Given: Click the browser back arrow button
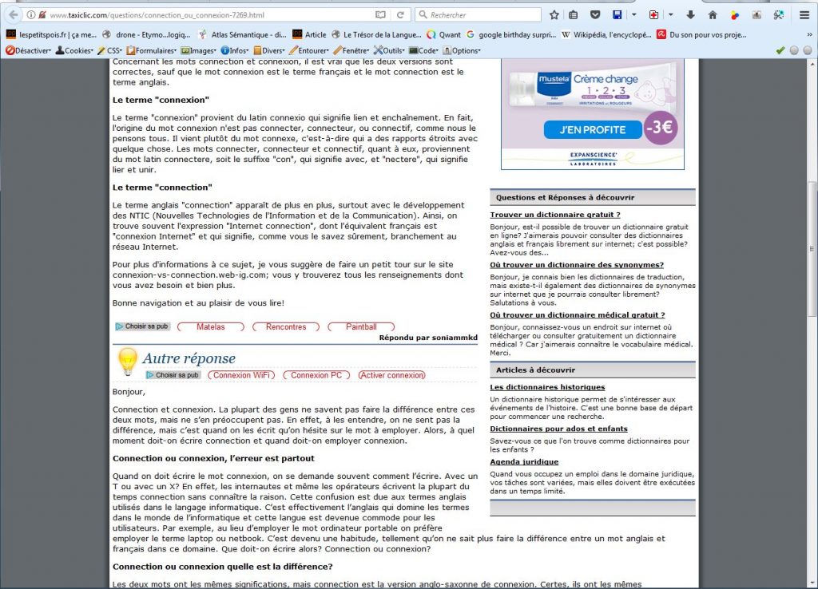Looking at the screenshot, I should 13,15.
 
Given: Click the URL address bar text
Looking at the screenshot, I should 157,15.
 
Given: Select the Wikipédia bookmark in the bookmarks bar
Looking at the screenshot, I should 606,34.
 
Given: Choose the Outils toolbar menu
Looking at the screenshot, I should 393,50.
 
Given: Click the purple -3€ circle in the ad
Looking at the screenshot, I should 660,128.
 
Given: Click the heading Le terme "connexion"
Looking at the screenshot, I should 161,100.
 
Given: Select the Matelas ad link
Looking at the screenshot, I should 210,326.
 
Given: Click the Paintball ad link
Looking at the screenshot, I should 361,326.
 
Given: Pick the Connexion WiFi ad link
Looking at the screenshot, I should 244,375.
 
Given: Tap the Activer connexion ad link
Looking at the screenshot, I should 391,375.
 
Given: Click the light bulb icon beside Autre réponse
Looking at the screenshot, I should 127,360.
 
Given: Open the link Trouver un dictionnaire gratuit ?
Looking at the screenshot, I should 554,215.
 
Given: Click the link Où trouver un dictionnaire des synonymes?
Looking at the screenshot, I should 577,265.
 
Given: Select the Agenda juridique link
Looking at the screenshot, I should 524,462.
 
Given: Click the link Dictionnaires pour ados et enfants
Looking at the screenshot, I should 558,429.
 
